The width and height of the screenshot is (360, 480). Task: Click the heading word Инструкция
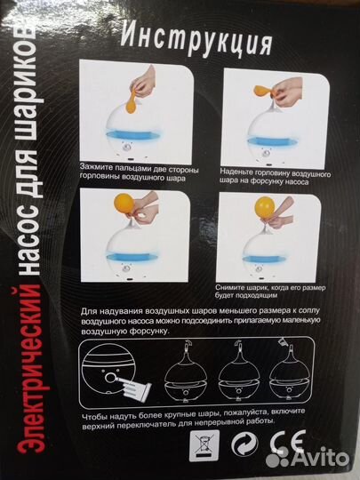196,40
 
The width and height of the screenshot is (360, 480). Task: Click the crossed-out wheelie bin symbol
204,445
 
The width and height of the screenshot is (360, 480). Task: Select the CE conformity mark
289,442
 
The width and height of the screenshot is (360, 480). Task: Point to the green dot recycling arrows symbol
245,444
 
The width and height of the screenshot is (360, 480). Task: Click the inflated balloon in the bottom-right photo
264,207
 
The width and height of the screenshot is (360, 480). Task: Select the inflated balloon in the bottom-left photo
124,203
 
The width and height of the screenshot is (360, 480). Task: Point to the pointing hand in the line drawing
132,385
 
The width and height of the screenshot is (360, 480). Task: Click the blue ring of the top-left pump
132,135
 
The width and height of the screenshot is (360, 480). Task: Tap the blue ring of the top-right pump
273,141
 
